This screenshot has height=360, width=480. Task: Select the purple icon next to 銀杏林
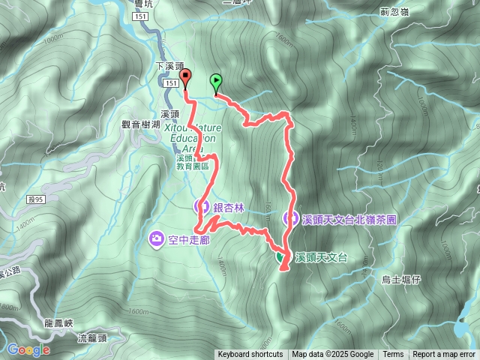[200, 206]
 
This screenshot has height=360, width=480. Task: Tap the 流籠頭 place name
[92, 338]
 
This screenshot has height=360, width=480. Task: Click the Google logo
[28, 349]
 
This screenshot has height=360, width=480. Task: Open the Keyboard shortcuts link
[250, 355]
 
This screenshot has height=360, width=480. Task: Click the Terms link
[393, 355]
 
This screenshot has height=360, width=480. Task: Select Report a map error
[444, 355]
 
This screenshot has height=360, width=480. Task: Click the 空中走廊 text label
[188, 240]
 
